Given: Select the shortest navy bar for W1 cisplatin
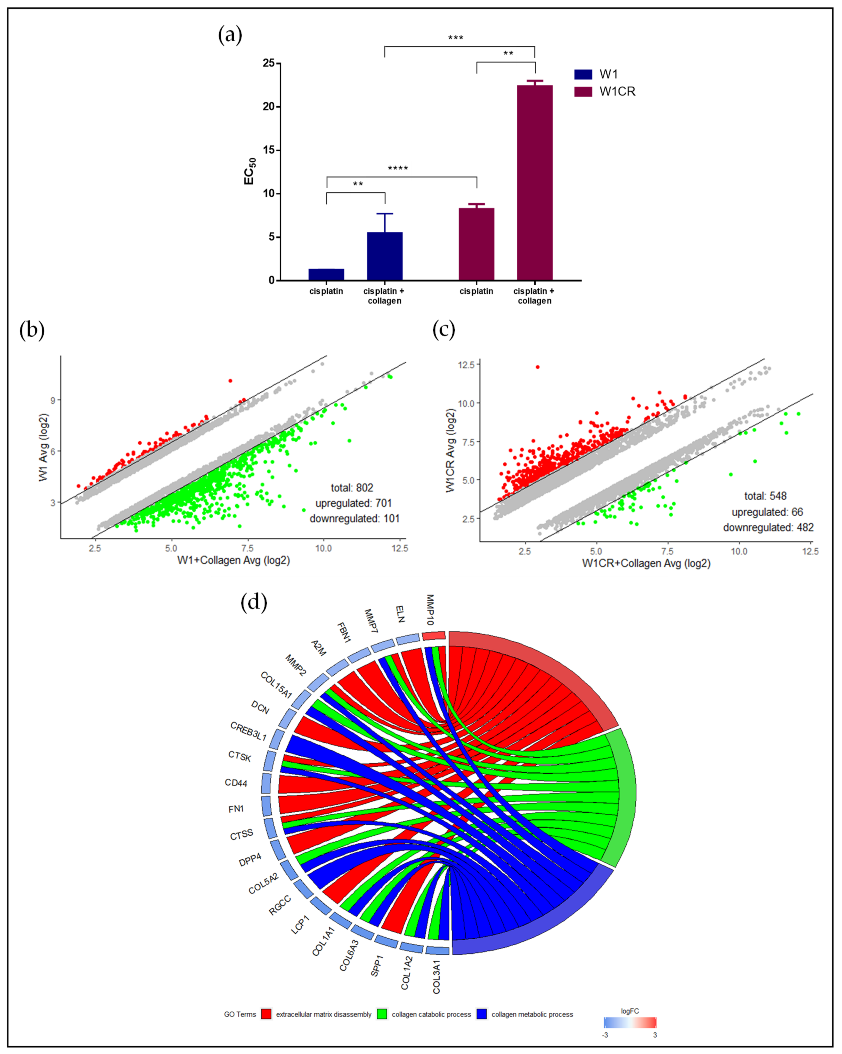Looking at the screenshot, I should [326, 274].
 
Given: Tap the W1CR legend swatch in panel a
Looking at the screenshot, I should [583, 91].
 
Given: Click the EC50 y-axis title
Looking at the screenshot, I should [249, 171].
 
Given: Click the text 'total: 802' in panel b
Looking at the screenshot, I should [352, 487].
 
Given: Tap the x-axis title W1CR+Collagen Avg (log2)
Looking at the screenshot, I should [646, 563].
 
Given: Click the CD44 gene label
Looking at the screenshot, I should [236, 783].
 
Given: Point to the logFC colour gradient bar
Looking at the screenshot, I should [630, 1022].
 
